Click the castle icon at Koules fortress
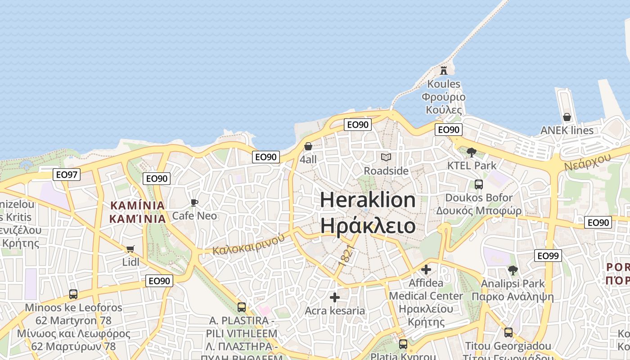coord(444,70)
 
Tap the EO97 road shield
coord(67,175)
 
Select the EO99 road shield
coord(548,256)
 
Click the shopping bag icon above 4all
coord(308,146)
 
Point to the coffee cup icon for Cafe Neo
coord(194,202)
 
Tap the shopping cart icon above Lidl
coord(130,249)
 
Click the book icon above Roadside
coord(386,157)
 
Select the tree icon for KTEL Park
coord(472,152)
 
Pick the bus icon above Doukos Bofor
coord(479,184)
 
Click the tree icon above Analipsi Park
coord(513,270)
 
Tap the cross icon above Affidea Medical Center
coord(426,270)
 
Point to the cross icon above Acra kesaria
coord(335,297)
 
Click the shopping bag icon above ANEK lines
coord(567,117)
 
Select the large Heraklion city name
coord(368,200)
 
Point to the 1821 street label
coord(346,256)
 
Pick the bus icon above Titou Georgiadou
coord(508,333)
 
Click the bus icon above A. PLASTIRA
coord(242,307)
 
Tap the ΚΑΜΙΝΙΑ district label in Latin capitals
coord(138,206)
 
